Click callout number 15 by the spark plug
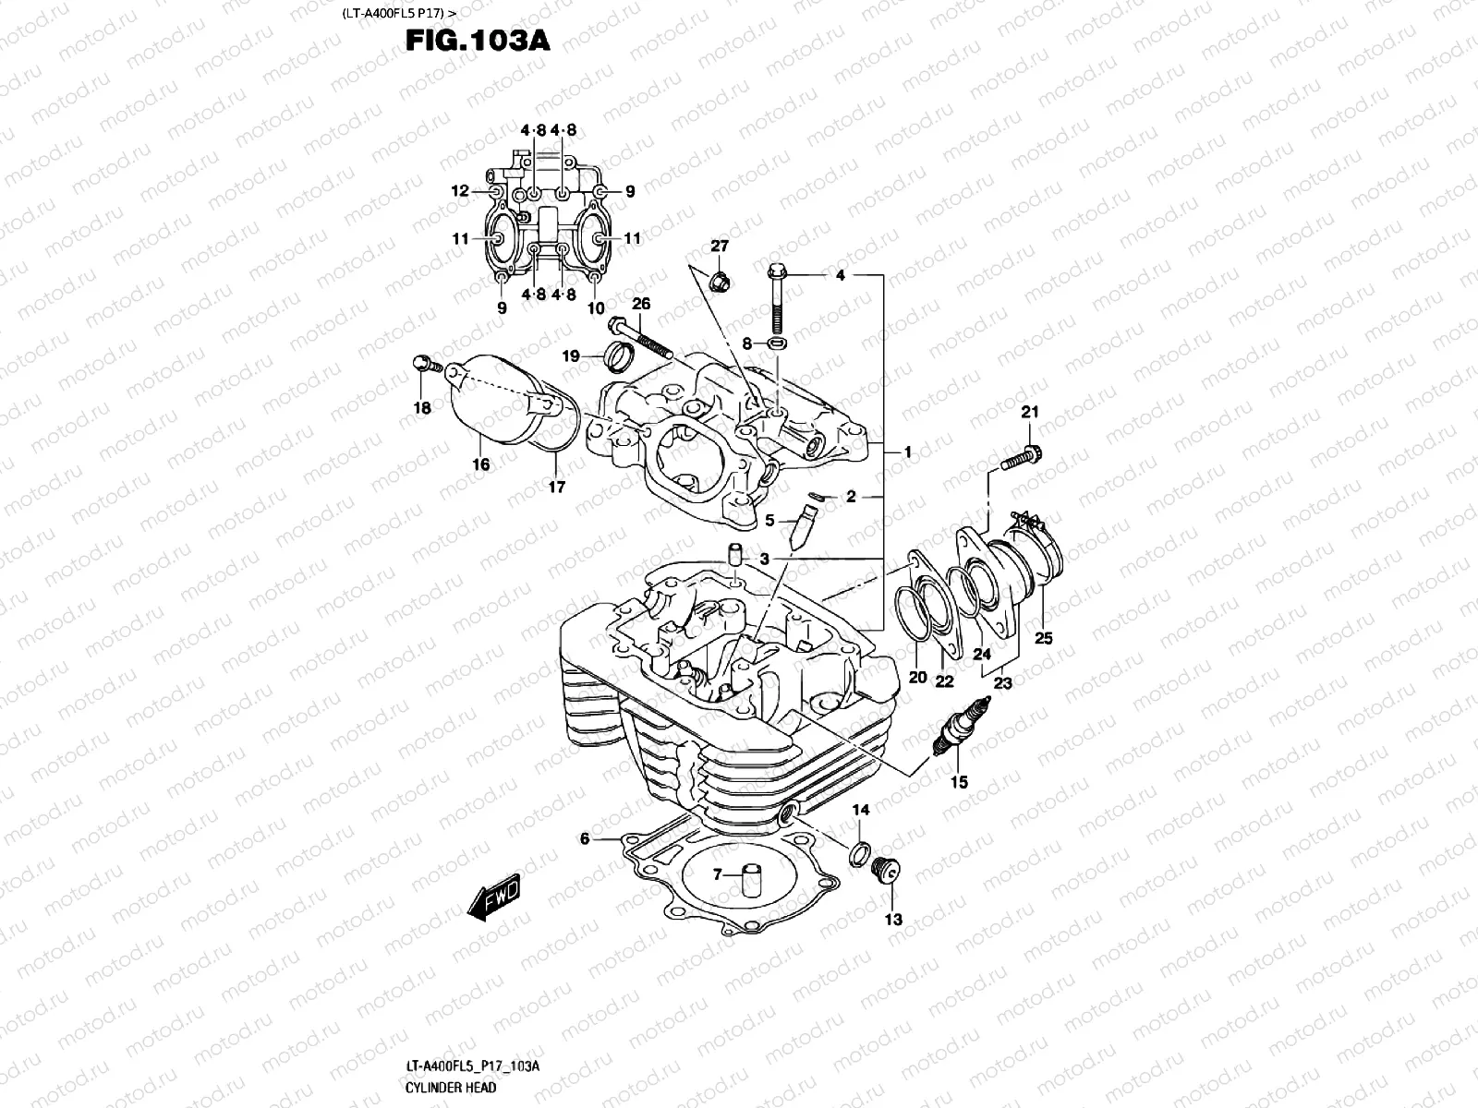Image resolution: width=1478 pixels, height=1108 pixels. [959, 782]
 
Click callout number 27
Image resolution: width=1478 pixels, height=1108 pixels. [719, 247]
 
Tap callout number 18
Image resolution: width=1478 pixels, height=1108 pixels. [422, 408]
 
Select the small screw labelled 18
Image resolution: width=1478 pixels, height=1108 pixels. [426, 365]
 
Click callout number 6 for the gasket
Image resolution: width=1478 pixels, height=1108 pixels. [584, 839]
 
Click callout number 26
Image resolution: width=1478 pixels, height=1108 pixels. [641, 305]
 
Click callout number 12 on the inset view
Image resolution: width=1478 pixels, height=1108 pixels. [460, 191]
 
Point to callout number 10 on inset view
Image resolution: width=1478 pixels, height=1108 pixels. [596, 307]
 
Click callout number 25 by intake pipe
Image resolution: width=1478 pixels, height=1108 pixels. [1043, 638]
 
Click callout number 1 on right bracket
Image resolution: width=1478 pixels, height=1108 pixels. [908, 452]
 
